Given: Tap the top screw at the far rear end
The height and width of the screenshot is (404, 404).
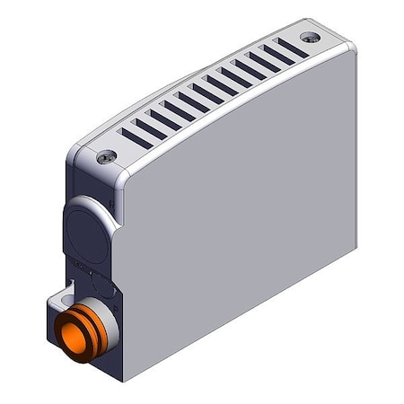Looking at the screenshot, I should click(309, 38).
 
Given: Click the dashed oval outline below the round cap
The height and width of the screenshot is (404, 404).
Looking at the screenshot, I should click(101, 285).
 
